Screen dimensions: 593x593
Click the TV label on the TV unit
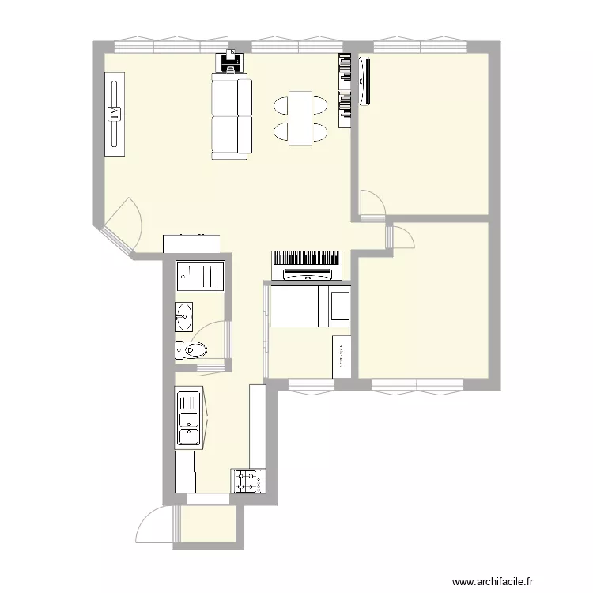point(115,112)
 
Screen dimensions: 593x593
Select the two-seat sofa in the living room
point(231,116)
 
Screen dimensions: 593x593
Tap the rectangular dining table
point(300,118)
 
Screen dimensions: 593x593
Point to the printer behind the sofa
point(230,61)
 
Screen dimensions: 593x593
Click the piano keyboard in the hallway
point(307,259)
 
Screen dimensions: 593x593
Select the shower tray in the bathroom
point(200,277)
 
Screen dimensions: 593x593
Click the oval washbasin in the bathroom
point(184,316)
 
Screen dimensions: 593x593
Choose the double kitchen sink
point(188,419)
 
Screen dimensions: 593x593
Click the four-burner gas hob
point(247,481)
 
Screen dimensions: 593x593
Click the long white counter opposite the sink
point(257,427)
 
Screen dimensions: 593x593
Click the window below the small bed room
point(311,385)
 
